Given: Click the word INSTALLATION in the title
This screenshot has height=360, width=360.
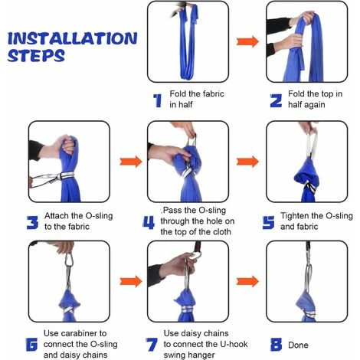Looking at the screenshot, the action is click(73, 38).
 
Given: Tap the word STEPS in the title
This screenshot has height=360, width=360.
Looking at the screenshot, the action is click(36, 55).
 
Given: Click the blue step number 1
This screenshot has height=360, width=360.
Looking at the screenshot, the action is click(157, 100).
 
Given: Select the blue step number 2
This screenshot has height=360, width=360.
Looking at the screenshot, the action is click(276, 100).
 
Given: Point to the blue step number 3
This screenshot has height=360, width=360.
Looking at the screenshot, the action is click(32, 222).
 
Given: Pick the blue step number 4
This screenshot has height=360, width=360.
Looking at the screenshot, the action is click(149, 222).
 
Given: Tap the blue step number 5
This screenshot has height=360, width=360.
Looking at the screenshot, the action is click(269, 222).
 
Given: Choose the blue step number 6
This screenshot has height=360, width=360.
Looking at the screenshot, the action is click(31, 345).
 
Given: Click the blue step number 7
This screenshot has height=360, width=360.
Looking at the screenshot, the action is click(151, 345).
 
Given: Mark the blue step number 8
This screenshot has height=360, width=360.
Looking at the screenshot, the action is click(276, 345).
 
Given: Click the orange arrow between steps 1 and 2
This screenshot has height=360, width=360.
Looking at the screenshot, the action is click(247, 41).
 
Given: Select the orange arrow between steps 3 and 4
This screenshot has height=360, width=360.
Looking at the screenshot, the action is click(131, 162).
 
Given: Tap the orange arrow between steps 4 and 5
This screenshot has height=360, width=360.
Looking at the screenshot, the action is click(247, 162).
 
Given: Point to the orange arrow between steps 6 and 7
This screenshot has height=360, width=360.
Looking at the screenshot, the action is click(131, 281).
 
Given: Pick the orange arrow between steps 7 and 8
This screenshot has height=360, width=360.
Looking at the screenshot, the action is click(247, 281).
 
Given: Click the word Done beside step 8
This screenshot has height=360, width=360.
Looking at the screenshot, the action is click(298, 345).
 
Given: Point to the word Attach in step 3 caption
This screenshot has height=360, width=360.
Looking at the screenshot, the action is click(57, 216).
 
